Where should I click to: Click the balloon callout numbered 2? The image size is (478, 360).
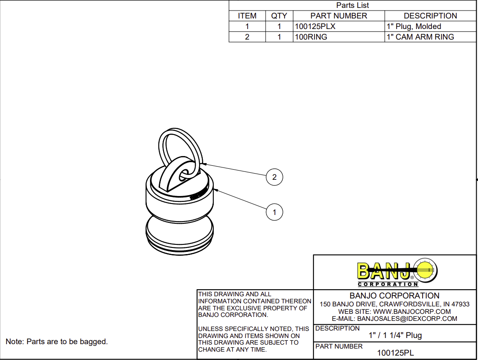(x=274, y=177)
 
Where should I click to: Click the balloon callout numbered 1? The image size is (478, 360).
(x=274, y=212)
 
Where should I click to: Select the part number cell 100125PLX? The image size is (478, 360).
(x=315, y=26)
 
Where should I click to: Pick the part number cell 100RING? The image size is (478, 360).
(x=311, y=37)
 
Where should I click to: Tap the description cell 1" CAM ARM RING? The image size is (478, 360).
(x=420, y=37)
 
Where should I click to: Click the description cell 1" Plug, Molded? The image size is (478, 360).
(x=413, y=26)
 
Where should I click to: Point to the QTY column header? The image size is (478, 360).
(x=279, y=16)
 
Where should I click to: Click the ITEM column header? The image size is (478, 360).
(x=247, y=16)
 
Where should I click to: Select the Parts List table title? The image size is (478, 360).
(x=352, y=5)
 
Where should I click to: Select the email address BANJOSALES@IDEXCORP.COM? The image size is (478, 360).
(x=407, y=319)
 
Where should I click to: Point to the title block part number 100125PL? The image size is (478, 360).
(x=395, y=353)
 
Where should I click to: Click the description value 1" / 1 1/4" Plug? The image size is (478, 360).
(x=395, y=335)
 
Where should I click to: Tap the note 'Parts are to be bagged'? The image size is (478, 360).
(x=56, y=342)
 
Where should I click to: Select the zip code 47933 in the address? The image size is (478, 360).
(x=460, y=304)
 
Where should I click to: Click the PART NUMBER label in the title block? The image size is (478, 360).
(x=339, y=346)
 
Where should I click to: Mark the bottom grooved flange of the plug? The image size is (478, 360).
(x=179, y=244)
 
